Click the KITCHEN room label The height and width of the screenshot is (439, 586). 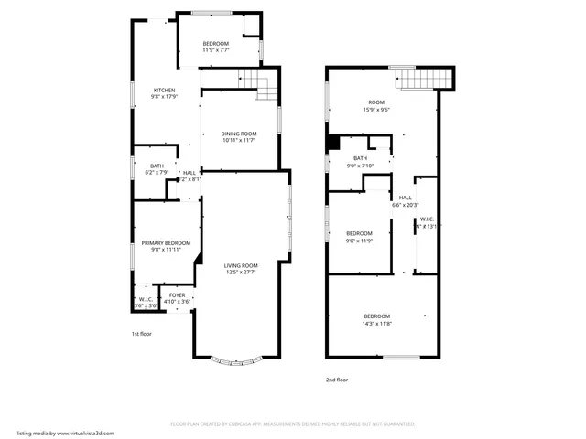tap(164, 90)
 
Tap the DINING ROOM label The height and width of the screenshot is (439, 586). tap(238, 134)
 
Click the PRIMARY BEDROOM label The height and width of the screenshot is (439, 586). tap(166, 242)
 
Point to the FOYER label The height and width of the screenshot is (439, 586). tap(177, 295)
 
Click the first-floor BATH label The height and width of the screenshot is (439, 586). tap(157, 166)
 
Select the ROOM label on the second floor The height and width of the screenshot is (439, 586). tap(376, 102)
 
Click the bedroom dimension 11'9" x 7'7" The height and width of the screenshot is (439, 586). tap(216, 50)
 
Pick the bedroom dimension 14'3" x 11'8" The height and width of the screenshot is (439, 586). tap(377, 323)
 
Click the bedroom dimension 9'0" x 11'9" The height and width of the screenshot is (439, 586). tap(359, 240)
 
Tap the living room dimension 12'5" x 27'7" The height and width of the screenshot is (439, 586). tap(242, 272)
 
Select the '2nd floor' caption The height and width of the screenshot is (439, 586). tap(337, 380)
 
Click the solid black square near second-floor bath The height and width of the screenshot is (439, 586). tap(333, 142)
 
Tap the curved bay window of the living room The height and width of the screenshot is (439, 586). tap(242, 359)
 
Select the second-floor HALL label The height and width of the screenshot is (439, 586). tap(405, 198)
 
